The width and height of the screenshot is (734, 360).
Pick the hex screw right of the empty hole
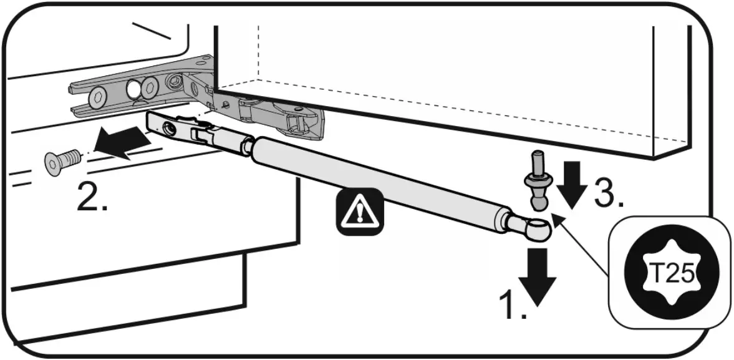pos(150,88)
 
